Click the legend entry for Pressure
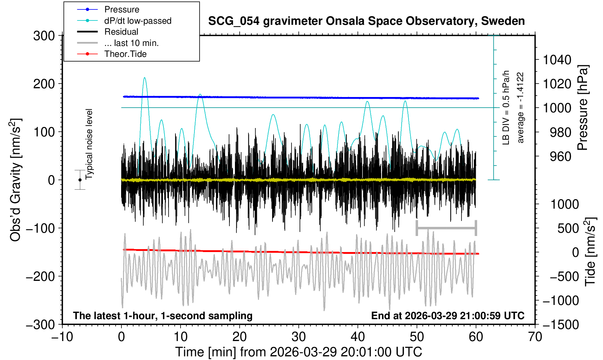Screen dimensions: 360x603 tap(121, 9)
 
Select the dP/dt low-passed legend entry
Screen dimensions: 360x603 tap(138, 21)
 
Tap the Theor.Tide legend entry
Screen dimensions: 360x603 tap(125, 54)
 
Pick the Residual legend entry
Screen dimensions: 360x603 tap(121, 32)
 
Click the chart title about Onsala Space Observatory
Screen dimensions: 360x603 tap(366, 21)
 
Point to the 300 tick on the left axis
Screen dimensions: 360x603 tap(44, 36)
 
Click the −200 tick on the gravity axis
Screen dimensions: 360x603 tap(40, 276)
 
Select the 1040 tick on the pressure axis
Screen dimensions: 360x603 tap(557, 59)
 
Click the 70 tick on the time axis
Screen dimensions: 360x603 tap(535, 337)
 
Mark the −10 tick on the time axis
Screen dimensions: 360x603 tap(62, 337)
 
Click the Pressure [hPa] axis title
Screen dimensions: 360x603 tap(583, 108)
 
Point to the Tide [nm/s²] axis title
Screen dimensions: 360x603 tap(590, 252)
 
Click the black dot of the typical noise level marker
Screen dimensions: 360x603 tap(80, 180)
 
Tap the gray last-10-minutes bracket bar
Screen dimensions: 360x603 tap(446, 228)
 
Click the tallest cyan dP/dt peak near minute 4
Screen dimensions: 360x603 tap(145, 78)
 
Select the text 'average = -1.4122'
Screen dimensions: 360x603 tap(521, 108)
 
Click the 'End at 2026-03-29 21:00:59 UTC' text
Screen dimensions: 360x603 tap(448, 316)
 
